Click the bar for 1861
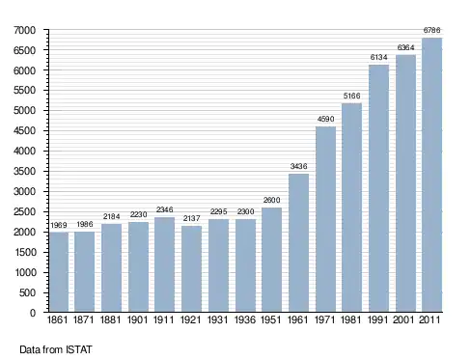coord(59,272)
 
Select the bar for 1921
coord(191,268)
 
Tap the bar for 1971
coord(325,219)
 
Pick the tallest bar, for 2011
coord(431,175)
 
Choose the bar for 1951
coord(272,260)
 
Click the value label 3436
coord(299,166)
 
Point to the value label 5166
coord(351,96)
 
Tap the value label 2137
coord(191,218)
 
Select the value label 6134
coord(378,57)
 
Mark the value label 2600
coord(272,200)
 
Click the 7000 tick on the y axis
coord(24,30)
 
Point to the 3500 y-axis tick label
coord(24,171)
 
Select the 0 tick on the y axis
coord(33,313)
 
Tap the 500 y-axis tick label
coord(27,292)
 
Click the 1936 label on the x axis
coord(245,319)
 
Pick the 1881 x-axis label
coord(110,319)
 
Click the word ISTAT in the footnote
coord(79,349)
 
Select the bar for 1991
coord(378,188)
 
